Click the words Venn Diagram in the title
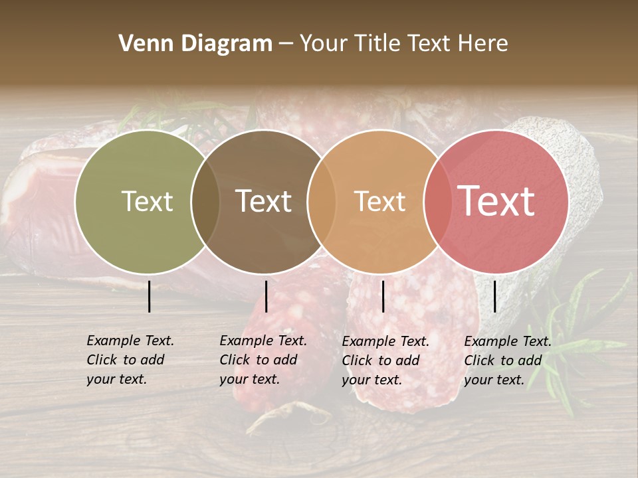[x=195, y=44]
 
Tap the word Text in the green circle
[x=147, y=201]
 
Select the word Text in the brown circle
[x=264, y=201]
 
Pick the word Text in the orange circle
[x=379, y=201]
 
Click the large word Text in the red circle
[x=496, y=200]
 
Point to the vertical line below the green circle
[x=150, y=296]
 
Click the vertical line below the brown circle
[x=266, y=296]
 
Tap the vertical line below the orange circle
[x=383, y=296]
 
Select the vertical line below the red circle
[x=494, y=296]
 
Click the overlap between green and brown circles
[x=205, y=202]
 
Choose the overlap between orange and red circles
[x=438, y=202]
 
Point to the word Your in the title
[x=324, y=44]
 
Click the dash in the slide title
[x=286, y=44]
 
